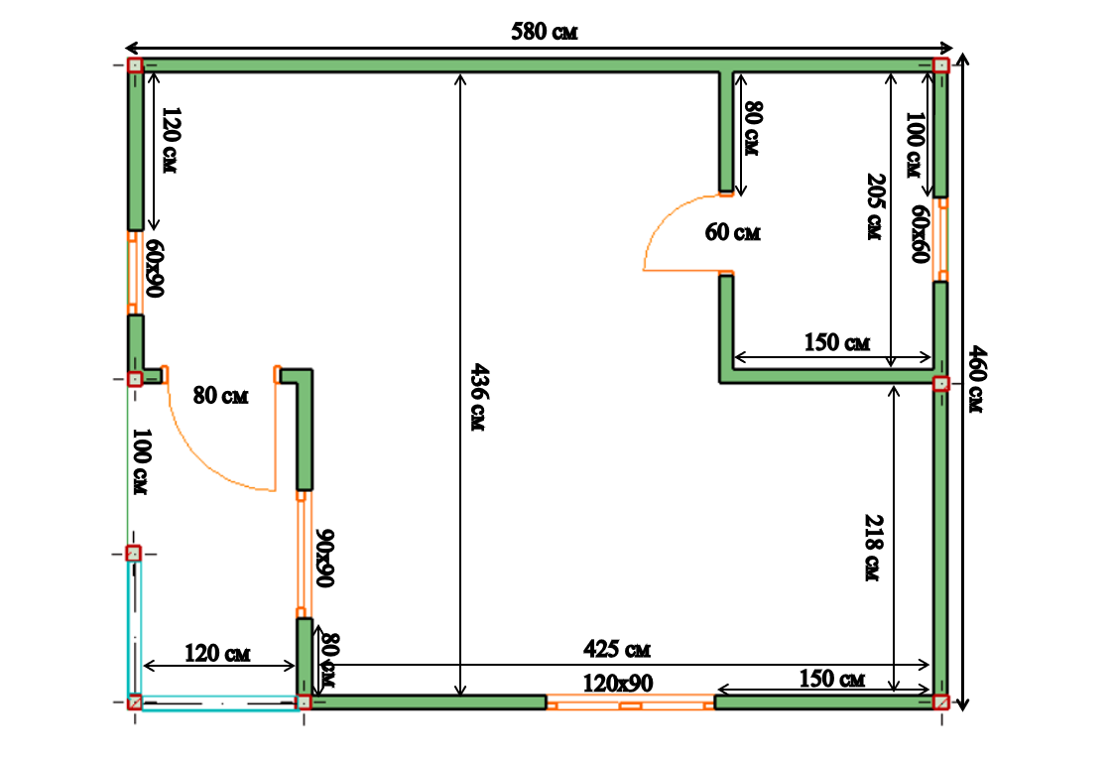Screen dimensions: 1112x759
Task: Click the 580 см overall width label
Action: pos(544,31)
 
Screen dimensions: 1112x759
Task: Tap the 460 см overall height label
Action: pos(976,379)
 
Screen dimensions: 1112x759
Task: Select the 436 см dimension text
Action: pos(479,397)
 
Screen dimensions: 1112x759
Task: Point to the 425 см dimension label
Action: pos(616,648)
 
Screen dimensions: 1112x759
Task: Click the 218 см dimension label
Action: pos(874,548)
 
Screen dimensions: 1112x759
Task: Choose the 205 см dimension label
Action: pos(876,206)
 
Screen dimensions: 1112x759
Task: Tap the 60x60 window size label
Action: pos(920,233)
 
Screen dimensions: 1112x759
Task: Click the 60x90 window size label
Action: pos(155,268)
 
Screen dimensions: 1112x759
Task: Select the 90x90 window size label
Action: pos(324,558)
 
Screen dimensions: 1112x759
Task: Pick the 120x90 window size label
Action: pos(618,683)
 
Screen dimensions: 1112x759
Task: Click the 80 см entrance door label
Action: pos(220,395)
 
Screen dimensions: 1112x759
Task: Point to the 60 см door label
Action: pos(733,232)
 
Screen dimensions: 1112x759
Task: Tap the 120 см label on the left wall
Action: pos(171,140)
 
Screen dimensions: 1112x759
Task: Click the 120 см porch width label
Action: pos(217,653)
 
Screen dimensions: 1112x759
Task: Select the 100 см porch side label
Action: pos(141,461)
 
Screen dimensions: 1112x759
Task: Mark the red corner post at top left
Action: pos(135,65)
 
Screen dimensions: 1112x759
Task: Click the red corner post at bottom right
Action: pos(941,702)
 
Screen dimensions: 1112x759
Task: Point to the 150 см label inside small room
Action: pos(837,342)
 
